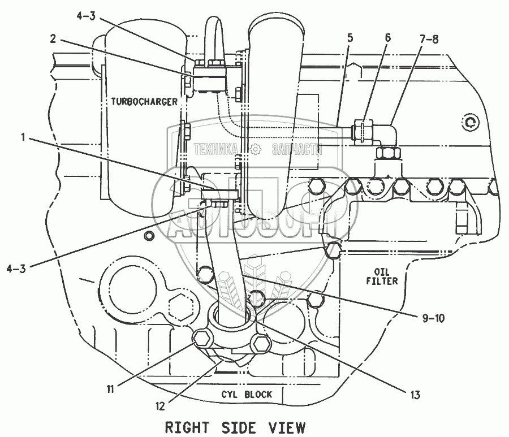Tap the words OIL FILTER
coord(382,276)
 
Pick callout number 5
coord(350,38)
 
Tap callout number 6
coord(388,38)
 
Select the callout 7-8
coord(429,38)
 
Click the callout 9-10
coord(433,318)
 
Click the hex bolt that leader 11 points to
coord(201,340)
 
